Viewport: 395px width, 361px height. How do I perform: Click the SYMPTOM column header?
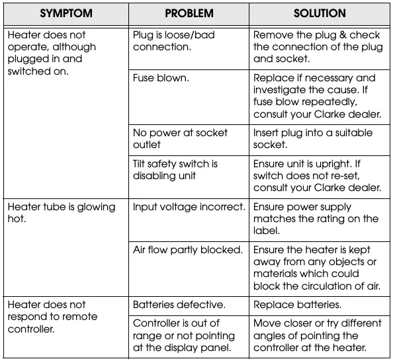coord(66,13)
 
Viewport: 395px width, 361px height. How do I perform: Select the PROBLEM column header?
coord(189,13)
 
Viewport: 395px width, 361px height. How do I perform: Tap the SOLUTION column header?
coord(320,13)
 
